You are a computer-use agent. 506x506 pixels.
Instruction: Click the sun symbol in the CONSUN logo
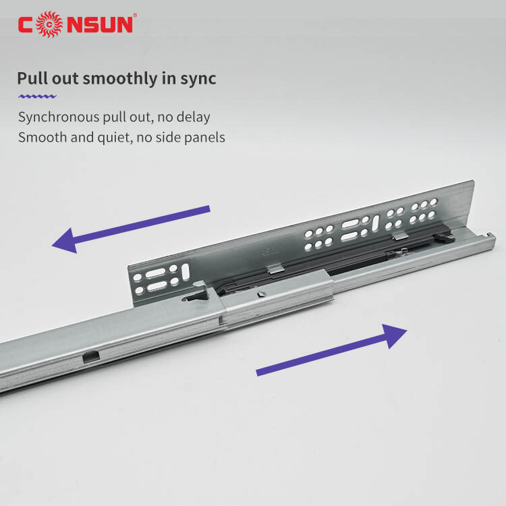point(49,24)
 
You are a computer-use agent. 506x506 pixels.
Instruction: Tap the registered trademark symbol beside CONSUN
point(135,15)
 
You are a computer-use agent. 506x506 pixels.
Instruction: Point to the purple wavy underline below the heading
point(37,96)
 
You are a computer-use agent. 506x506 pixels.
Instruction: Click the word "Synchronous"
point(59,117)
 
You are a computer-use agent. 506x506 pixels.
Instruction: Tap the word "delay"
point(194,117)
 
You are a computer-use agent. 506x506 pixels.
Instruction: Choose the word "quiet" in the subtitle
point(115,138)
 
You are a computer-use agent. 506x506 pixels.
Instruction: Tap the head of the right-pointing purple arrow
point(394,335)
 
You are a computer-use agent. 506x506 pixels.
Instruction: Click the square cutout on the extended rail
point(91,357)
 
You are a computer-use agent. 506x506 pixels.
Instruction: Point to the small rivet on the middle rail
point(260,293)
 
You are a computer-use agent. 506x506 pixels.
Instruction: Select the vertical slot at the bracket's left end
point(186,272)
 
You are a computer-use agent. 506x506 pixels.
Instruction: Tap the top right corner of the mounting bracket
point(474,180)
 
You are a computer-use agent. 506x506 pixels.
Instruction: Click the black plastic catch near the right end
point(445,238)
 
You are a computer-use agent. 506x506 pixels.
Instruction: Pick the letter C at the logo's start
point(26,24)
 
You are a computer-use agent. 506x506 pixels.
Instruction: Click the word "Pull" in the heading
point(32,78)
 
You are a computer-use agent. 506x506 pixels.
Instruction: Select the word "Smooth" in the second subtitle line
point(43,138)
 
